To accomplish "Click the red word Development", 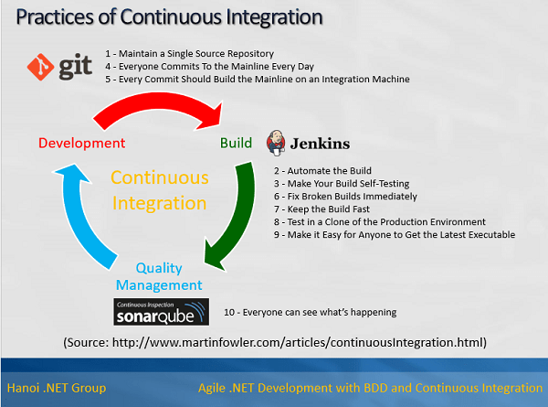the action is (x=81, y=143).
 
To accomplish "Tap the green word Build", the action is (x=236, y=143).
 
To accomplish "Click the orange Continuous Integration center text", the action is (x=160, y=189).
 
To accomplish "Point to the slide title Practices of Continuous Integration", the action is (x=169, y=17).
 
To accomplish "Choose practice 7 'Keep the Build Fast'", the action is (x=325, y=209).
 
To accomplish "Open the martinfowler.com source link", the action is (x=274, y=342).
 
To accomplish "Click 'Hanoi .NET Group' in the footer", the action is (x=56, y=388).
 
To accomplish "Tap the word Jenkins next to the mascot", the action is (x=320, y=144).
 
